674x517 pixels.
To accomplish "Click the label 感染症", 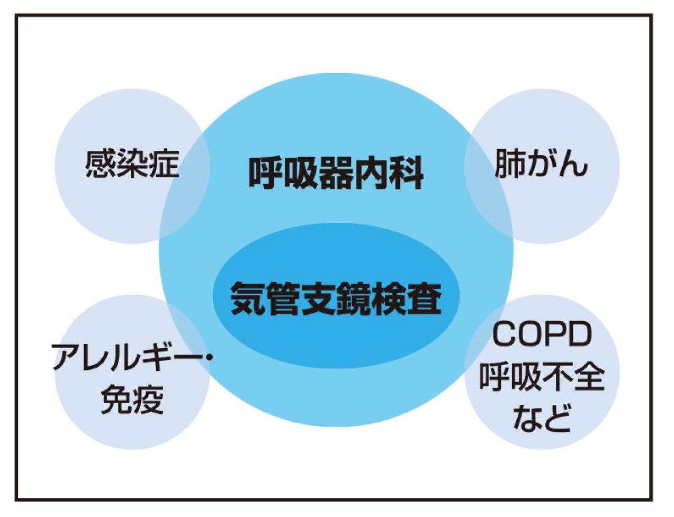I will click(x=132, y=164).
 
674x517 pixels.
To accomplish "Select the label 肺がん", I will click(x=541, y=164).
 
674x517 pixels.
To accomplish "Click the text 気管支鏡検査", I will click(x=336, y=298).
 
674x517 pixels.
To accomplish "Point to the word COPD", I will click(x=542, y=335).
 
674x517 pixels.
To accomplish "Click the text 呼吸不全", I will click(x=542, y=376).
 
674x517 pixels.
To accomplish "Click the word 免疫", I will click(x=132, y=398).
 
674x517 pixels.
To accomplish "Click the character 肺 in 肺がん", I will click(x=510, y=164).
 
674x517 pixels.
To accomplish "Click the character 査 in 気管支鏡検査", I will click(x=424, y=298).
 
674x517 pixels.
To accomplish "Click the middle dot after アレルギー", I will click(x=208, y=358).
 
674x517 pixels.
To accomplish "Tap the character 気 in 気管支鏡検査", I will click(x=248, y=298).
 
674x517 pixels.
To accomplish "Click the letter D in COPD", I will click(x=579, y=335).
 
